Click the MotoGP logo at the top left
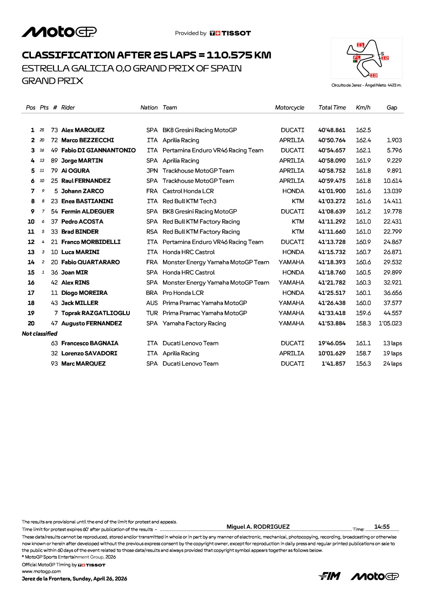click(x=59, y=32)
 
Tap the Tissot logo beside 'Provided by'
click(x=230, y=33)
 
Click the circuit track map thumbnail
click(x=367, y=58)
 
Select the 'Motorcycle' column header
click(x=289, y=108)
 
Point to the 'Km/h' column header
click(x=363, y=108)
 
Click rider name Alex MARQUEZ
click(x=83, y=130)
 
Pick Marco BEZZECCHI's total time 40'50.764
click(x=332, y=141)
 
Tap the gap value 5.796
click(x=394, y=150)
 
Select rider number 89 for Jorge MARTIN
click(x=54, y=161)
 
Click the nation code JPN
click(x=152, y=171)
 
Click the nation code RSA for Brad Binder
click(x=152, y=232)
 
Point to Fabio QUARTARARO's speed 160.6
click(x=363, y=262)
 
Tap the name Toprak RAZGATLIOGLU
click(x=96, y=313)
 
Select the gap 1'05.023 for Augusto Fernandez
click(x=390, y=324)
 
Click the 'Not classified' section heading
click(x=40, y=334)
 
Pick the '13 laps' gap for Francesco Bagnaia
click(x=392, y=343)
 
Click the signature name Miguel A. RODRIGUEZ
click(x=258, y=527)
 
